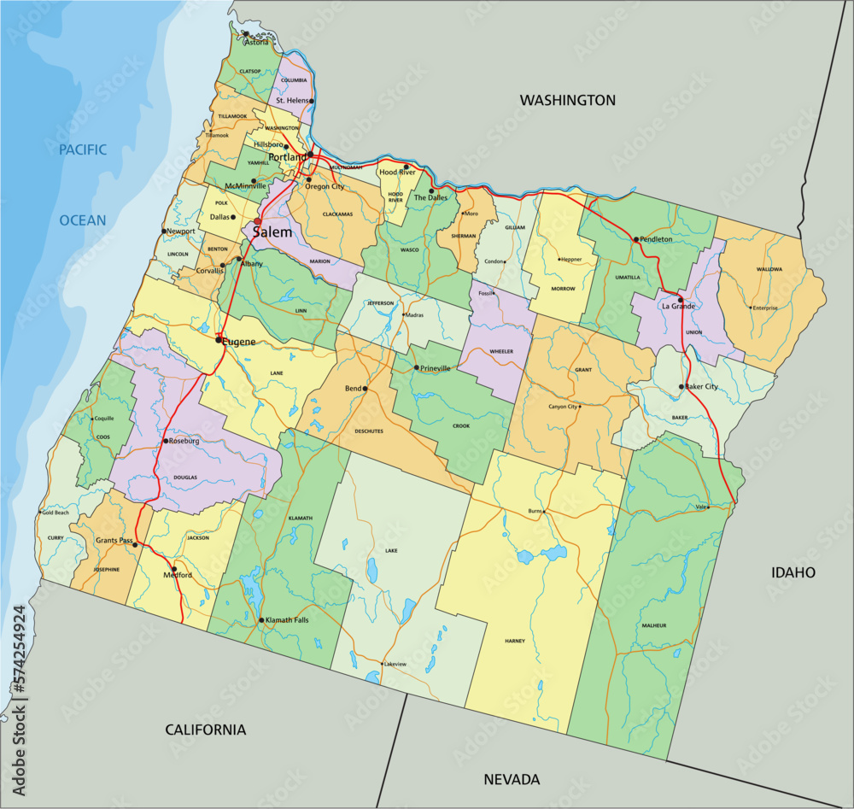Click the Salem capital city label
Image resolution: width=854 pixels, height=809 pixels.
272,232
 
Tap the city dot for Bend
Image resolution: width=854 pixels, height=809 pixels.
365,389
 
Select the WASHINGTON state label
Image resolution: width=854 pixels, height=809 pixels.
568,100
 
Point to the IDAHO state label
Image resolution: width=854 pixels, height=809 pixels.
793,572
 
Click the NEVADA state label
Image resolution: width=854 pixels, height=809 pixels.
512,779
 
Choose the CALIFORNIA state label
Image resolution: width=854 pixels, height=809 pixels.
205,730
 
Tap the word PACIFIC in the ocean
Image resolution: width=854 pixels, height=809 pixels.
83,150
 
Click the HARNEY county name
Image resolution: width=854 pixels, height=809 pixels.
515,641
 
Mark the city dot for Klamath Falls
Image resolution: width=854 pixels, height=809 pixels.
260,620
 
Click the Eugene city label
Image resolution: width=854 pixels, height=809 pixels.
239,342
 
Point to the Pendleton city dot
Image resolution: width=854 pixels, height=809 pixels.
635,239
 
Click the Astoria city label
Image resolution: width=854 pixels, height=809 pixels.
256,42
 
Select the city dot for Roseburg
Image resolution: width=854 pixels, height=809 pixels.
165,441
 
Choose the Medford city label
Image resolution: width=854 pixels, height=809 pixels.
178,576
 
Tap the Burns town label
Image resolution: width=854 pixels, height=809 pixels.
536,511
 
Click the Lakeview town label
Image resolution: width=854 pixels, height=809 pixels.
395,664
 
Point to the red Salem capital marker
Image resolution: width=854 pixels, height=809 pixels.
257,221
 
